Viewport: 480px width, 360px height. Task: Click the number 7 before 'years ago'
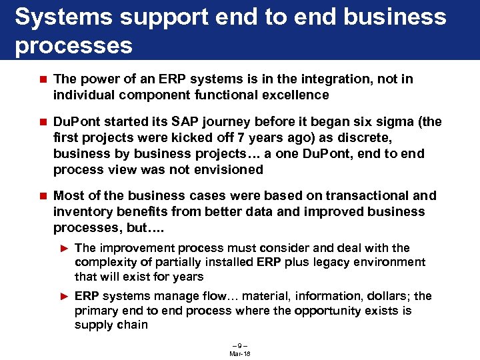(244, 137)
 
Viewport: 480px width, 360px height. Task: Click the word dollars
(384, 296)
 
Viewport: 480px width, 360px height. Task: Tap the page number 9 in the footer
(239, 346)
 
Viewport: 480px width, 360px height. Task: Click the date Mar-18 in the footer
(239, 353)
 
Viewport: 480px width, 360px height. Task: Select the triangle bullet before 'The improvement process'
(65, 248)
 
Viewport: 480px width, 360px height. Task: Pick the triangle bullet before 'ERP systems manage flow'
(65, 296)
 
